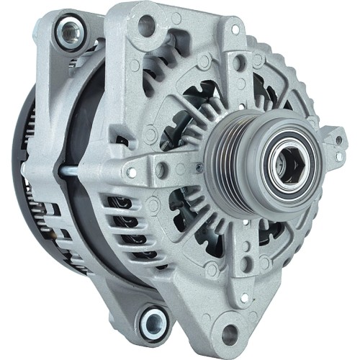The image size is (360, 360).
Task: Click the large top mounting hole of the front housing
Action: [146, 27]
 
